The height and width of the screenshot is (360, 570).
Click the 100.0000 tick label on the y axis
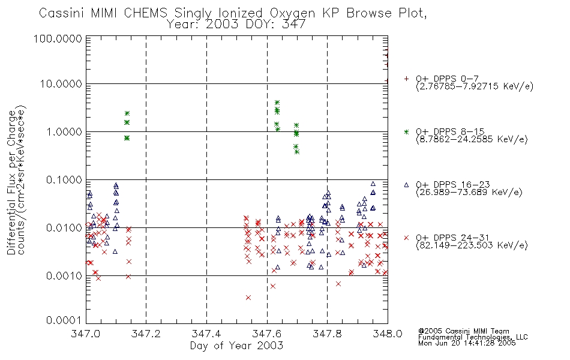click(59, 39)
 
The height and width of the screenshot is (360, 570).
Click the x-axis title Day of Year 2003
click(236, 346)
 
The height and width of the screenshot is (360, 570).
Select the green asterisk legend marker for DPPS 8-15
click(406, 131)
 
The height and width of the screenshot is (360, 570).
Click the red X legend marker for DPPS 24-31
click(406, 238)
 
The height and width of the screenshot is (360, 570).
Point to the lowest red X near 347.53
click(248, 298)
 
